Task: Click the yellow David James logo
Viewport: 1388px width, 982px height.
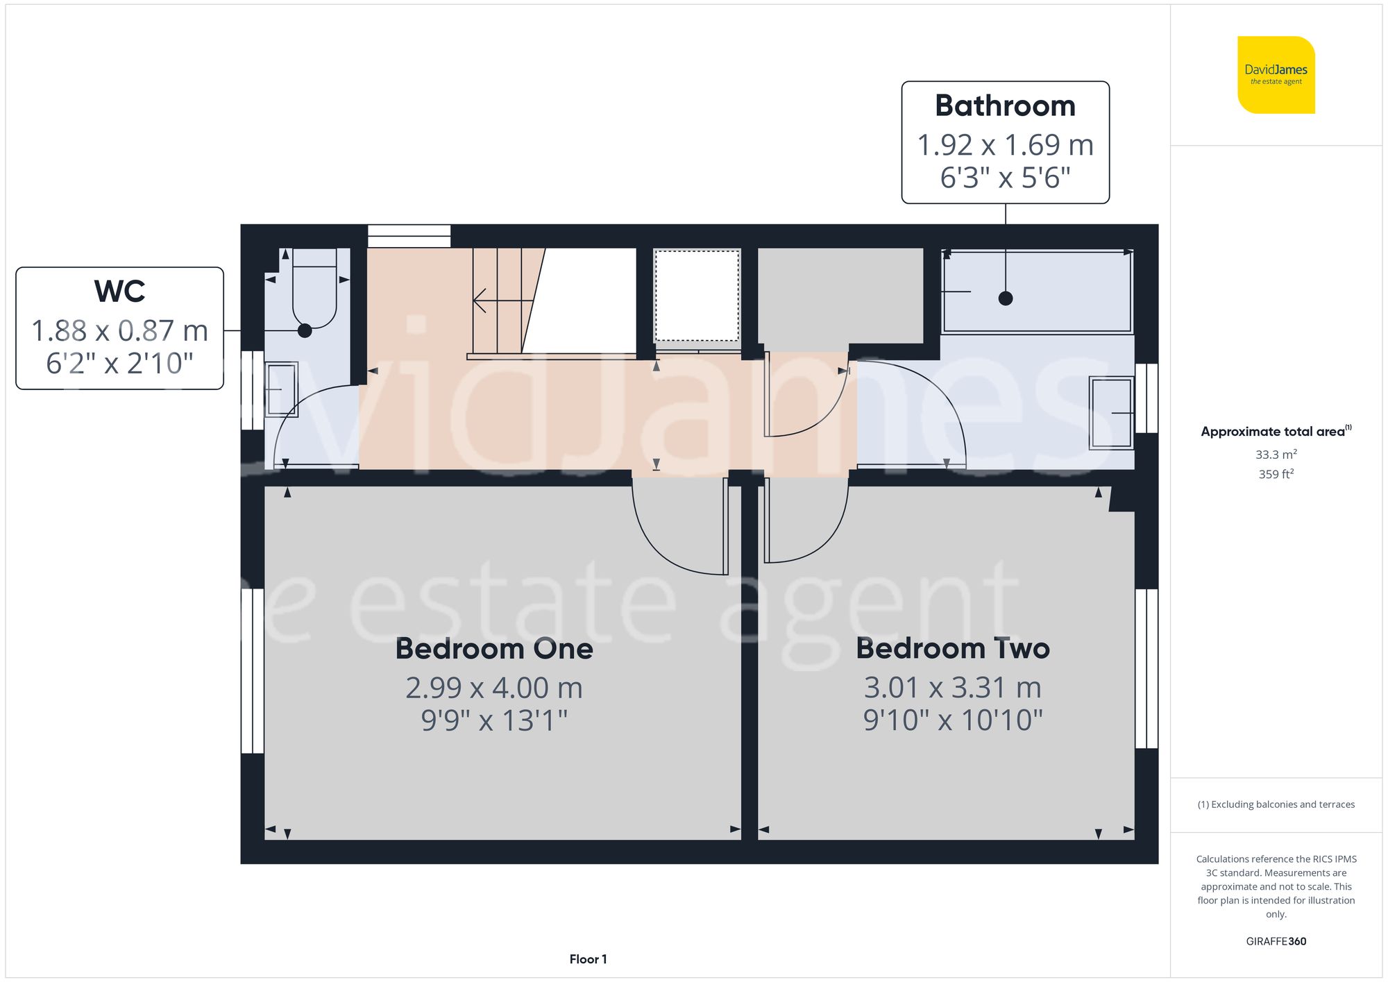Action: (x=1276, y=75)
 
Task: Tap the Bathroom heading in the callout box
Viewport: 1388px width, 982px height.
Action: (x=1005, y=106)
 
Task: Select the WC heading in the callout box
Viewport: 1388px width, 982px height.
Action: (x=119, y=291)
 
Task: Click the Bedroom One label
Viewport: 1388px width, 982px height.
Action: (x=493, y=649)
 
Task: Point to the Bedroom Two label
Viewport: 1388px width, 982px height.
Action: (x=952, y=649)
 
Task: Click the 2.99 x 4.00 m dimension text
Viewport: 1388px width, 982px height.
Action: (x=493, y=688)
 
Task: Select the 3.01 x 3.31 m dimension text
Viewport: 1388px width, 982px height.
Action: (x=952, y=688)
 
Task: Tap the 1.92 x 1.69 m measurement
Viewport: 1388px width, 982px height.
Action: (x=1005, y=145)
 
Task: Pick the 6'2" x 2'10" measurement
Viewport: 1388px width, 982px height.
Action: (x=119, y=363)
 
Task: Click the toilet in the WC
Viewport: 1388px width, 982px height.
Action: (x=314, y=291)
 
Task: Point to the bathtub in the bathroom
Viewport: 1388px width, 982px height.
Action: (x=1037, y=291)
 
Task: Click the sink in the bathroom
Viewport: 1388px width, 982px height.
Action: (x=1111, y=412)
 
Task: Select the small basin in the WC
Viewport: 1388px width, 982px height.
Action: (x=281, y=389)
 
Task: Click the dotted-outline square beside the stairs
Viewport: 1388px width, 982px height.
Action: (x=697, y=296)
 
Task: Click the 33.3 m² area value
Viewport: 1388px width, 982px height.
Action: (x=1276, y=455)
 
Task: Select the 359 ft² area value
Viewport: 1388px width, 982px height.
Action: (x=1276, y=474)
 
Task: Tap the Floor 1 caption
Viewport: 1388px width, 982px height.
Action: (x=588, y=959)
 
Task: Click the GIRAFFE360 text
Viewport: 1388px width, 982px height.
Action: (x=1276, y=941)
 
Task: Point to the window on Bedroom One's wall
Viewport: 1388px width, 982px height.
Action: (x=253, y=670)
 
